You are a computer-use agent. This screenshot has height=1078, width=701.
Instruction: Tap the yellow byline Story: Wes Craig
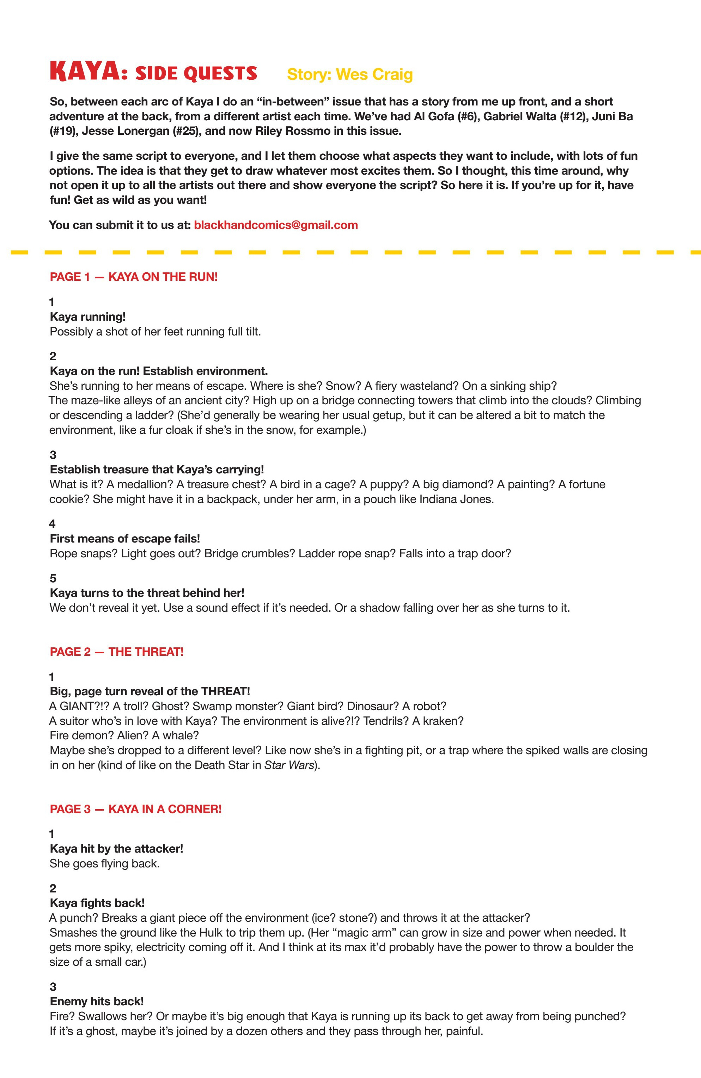pyautogui.click(x=349, y=74)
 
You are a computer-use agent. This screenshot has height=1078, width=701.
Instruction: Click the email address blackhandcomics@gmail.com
pyautogui.click(x=275, y=225)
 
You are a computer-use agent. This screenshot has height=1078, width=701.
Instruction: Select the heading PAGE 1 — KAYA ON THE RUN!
pyautogui.click(x=134, y=277)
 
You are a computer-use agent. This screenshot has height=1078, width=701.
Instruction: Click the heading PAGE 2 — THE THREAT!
pyautogui.click(x=116, y=652)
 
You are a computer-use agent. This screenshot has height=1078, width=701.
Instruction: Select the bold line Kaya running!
pyautogui.click(x=87, y=317)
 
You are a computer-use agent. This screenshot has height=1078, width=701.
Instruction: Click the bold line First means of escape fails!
pyautogui.click(x=124, y=539)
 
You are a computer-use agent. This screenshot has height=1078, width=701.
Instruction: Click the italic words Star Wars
pyautogui.click(x=288, y=765)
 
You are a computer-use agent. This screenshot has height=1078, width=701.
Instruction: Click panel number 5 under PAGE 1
pyautogui.click(x=53, y=579)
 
